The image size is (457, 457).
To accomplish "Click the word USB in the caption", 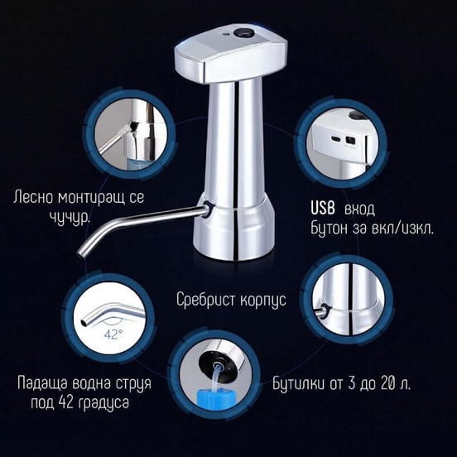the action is coord(323,209).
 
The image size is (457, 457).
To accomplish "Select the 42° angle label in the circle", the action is coord(111,334).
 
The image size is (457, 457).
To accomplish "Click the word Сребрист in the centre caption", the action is coord(205,300).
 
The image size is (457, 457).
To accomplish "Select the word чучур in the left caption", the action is coord(70,217).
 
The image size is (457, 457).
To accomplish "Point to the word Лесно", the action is coord(33,197).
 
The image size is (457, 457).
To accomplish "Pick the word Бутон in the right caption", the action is coord(330,228).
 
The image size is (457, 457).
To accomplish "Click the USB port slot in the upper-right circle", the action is coord(334,137).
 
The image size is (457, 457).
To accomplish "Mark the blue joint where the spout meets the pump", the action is coord(209,209).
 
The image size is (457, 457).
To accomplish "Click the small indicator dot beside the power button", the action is coord(224,35).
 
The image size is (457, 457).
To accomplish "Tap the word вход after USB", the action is coord(359,209).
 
